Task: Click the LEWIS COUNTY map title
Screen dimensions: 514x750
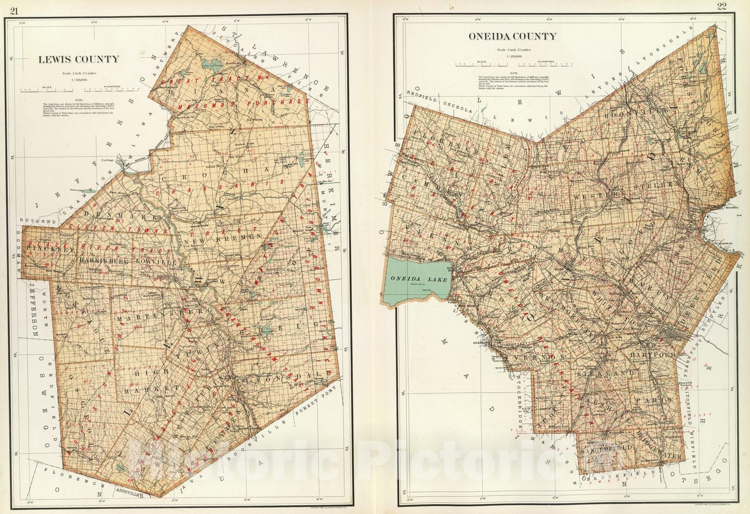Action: click(78, 59)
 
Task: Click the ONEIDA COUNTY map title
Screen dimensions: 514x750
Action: click(512, 36)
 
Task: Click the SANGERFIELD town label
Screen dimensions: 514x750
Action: click(606, 448)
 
